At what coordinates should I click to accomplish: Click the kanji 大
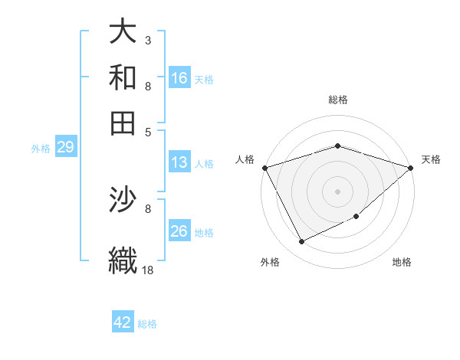123,32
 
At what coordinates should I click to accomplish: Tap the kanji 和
123,77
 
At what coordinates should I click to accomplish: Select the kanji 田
123,123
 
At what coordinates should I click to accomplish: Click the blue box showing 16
179,78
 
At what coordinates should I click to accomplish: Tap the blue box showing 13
179,162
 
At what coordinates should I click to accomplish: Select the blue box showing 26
179,231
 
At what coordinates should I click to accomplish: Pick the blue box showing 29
65,148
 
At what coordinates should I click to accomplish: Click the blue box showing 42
123,322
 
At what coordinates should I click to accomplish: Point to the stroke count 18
148,270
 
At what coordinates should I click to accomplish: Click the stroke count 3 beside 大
147,40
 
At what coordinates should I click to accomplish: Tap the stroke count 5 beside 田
147,131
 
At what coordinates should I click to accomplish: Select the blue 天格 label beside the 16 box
204,79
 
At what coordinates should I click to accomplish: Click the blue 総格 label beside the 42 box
147,324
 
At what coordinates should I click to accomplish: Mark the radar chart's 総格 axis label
337,100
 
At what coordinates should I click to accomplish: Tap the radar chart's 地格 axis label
402,262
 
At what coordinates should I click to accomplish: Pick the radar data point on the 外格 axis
301,242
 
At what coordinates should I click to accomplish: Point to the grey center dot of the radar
337,191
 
